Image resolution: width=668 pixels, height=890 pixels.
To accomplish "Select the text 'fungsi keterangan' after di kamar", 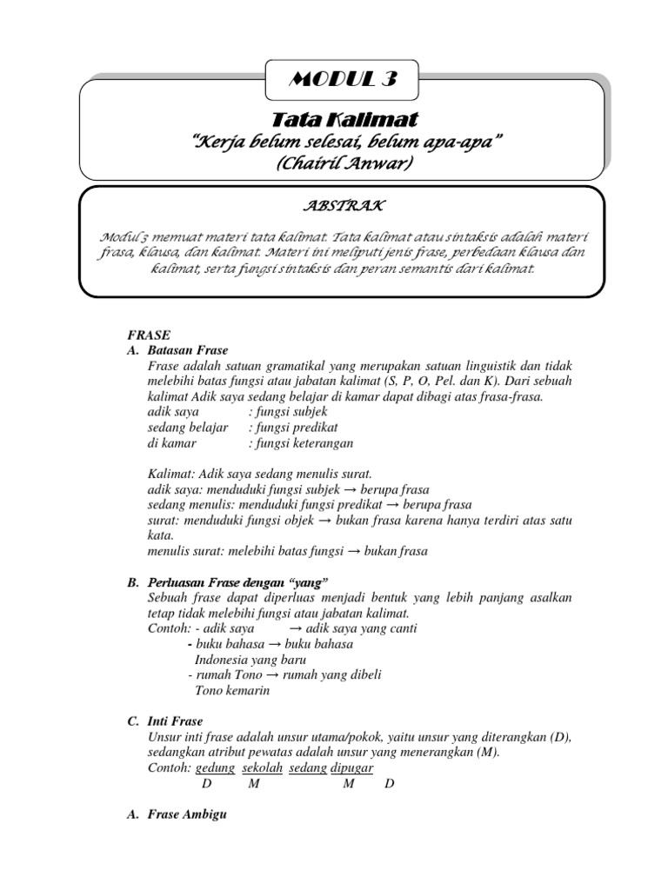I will coord(300,443).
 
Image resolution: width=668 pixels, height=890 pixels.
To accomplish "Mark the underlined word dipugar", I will coord(352,768).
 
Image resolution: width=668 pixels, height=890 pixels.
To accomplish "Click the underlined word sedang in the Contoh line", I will coord(307,768).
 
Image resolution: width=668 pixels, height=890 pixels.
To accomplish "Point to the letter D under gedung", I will coord(206,784).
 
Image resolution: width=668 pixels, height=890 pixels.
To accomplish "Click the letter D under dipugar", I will coord(390,784).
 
